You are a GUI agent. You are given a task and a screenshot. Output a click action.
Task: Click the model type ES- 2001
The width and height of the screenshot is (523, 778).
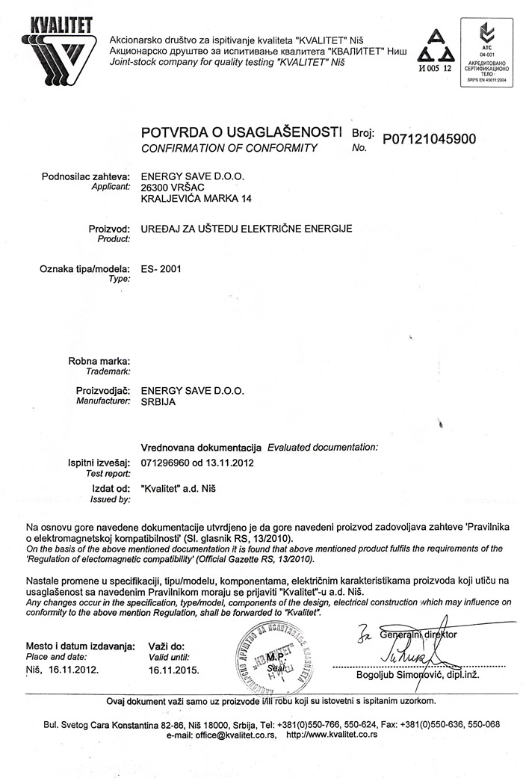pos(161,267)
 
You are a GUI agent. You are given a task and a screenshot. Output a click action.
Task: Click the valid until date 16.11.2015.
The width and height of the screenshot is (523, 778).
pos(174,670)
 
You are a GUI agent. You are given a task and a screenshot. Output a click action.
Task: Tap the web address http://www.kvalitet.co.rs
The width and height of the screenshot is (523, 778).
pos(332,735)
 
